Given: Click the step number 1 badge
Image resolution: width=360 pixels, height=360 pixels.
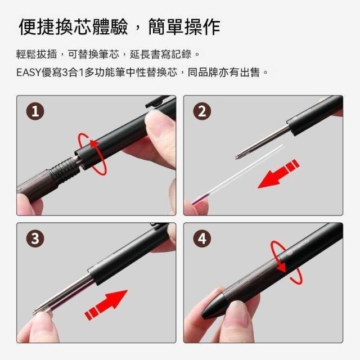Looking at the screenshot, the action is [x=35, y=111].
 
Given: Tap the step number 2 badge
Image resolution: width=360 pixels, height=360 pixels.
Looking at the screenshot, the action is [x=202, y=111].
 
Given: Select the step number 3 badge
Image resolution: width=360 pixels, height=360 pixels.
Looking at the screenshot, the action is [x=35, y=238].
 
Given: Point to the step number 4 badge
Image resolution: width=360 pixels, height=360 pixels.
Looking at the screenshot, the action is [x=202, y=238].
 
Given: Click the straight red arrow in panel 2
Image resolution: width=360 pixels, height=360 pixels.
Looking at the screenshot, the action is [x=278, y=174].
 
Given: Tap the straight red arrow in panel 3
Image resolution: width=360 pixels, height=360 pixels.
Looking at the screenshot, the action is [x=106, y=305].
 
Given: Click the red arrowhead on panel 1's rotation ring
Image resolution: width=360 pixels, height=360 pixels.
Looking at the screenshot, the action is [x=94, y=143].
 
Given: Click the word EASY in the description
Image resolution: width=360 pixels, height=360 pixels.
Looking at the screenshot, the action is [x=29, y=73].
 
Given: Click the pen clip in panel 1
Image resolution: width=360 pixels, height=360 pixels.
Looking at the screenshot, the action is [x=158, y=101].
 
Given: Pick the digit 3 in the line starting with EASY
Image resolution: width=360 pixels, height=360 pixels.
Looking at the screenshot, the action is [x=65, y=73].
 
